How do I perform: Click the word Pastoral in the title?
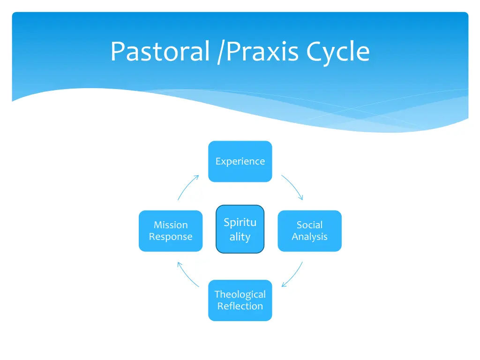pos(159,52)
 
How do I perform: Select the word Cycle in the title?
pos(338,52)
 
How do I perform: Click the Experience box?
pos(240,161)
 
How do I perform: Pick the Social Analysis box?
pos(309,231)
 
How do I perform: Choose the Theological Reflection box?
pos(240,300)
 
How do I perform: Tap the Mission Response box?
pos(171,231)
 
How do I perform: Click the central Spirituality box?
pos(240,229)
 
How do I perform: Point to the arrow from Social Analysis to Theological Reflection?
pos(293,276)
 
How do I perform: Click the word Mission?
pos(171,225)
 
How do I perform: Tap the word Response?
pos(171,237)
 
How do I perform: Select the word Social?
pos(309,225)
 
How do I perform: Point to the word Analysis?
pos(309,237)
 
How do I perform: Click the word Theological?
pos(240,294)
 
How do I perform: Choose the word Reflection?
pos(240,306)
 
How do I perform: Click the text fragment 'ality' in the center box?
pos(240,237)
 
